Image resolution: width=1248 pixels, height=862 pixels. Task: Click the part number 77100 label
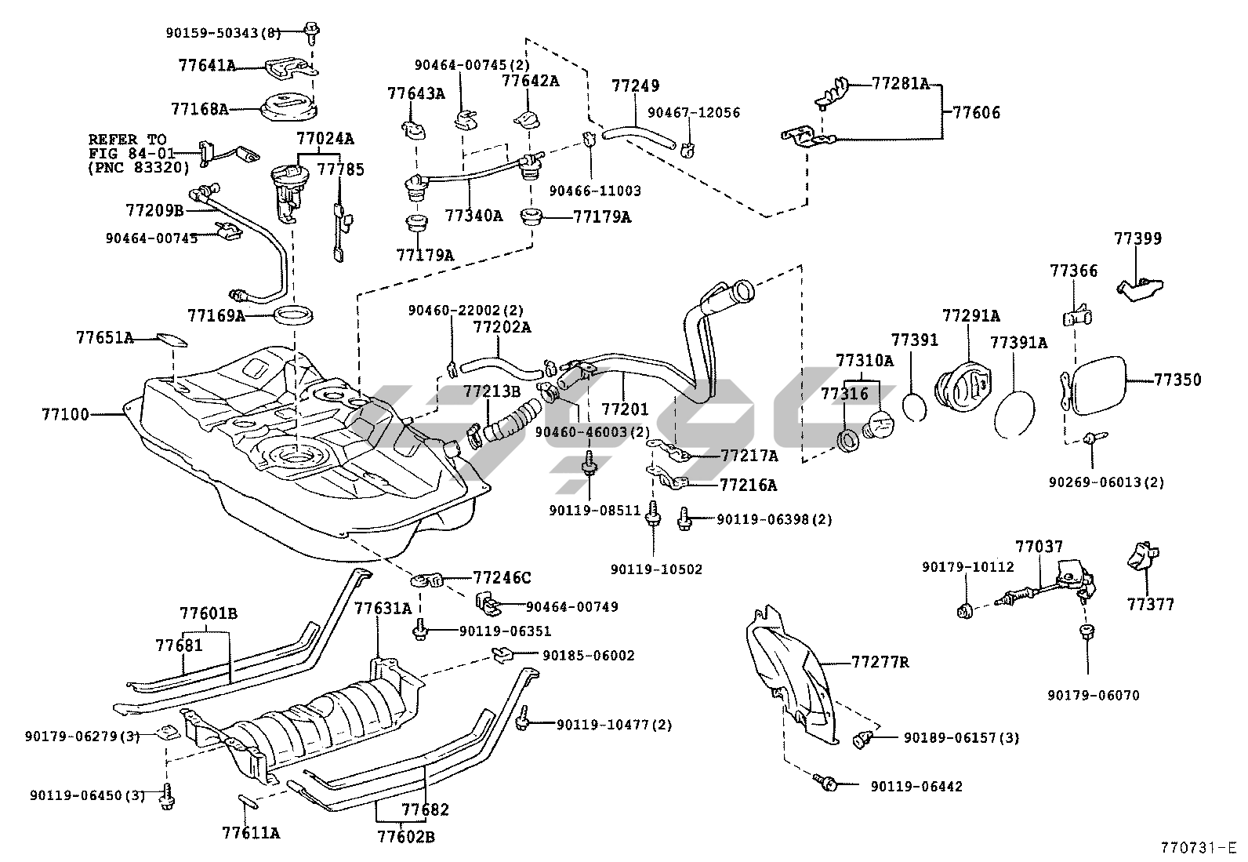[66, 413]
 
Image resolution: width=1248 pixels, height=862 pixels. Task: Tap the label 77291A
[970, 316]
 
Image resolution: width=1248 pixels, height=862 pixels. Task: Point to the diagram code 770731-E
[1198, 848]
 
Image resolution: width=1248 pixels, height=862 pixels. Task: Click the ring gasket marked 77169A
[295, 315]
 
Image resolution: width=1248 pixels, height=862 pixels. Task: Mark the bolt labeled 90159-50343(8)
[311, 32]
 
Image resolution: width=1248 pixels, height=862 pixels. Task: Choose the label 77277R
[880, 662]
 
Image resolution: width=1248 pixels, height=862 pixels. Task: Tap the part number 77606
[976, 112]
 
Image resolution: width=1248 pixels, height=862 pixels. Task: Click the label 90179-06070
[1093, 695]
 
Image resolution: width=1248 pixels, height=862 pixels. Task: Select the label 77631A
[382, 608]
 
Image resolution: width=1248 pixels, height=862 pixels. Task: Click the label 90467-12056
[693, 113]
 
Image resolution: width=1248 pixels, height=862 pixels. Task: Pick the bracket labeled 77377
[1141, 559]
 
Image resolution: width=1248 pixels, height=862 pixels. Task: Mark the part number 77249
[635, 85]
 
